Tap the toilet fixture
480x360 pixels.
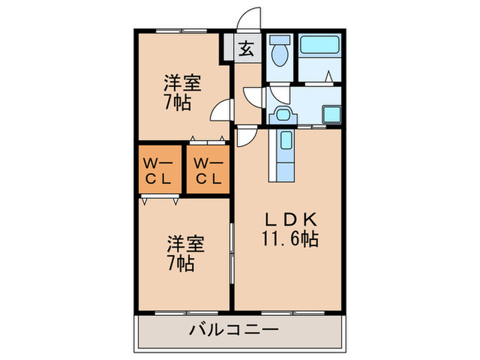[279, 51]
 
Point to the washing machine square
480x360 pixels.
[333, 115]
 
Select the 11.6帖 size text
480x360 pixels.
[291, 240]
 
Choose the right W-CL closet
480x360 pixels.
[206, 171]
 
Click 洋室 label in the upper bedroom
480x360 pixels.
[182, 84]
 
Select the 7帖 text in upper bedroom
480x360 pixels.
[177, 104]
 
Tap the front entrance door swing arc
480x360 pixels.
[250, 19]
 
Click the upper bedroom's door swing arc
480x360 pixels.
[221, 110]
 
